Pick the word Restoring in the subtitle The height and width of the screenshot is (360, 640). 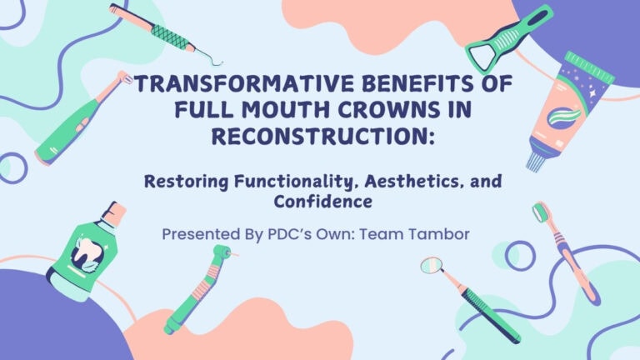pyautogui.click(x=187, y=182)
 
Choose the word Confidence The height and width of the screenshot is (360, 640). pyautogui.click(x=320, y=202)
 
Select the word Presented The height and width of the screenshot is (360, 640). pyautogui.click(x=203, y=234)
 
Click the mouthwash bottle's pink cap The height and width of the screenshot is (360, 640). pyautogui.click(x=114, y=212)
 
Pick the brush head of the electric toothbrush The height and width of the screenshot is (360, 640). pyautogui.click(x=123, y=79)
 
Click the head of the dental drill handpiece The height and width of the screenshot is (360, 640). pyautogui.click(x=222, y=252)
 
